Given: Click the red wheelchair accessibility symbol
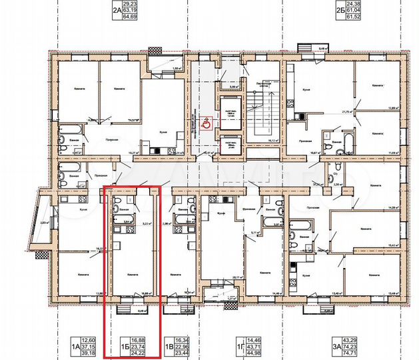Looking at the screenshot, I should [x=207, y=123].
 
